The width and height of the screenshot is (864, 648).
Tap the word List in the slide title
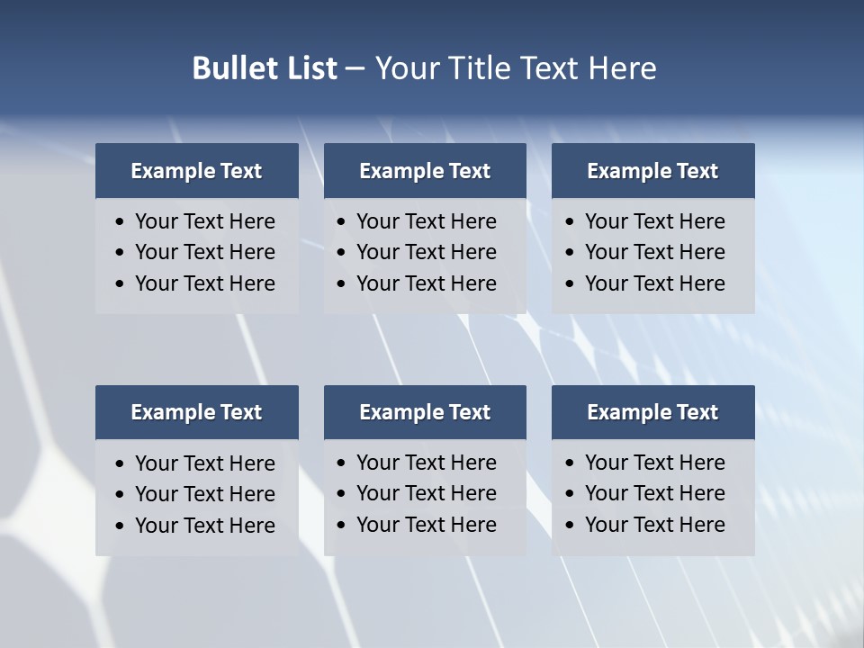point(307,68)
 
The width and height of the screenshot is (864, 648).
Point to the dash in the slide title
point(355,69)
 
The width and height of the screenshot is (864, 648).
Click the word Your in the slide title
point(406,68)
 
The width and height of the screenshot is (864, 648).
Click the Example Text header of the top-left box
point(196,171)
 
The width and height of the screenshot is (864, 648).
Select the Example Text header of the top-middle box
point(425,171)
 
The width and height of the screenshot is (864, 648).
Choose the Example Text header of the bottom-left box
point(196,412)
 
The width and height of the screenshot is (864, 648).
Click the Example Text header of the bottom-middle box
point(425,412)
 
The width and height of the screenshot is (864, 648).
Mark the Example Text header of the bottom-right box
point(652,412)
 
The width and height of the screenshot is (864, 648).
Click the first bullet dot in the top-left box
point(120,222)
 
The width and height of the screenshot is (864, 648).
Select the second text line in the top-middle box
point(426,252)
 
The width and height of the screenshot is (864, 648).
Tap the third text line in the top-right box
point(654,283)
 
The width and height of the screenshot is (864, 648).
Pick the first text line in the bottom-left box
point(204,463)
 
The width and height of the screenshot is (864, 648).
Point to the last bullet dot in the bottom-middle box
point(341,525)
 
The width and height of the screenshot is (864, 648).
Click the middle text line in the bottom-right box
point(654,493)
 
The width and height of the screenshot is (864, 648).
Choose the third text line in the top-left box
point(204,283)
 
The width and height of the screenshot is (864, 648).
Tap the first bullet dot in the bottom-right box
point(570,463)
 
